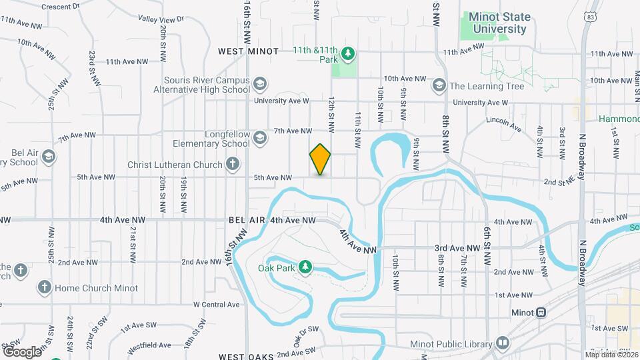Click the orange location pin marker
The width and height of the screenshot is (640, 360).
click(x=320, y=159)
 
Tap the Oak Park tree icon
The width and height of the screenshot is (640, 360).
click(x=305, y=267)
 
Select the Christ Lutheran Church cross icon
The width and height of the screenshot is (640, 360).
click(x=232, y=163)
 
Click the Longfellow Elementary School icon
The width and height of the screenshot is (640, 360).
click(x=260, y=137)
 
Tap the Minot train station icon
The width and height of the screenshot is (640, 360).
click(x=541, y=312)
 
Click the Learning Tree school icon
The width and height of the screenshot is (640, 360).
click(x=439, y=85)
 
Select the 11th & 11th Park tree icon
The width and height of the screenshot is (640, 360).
click(x=347, y=52)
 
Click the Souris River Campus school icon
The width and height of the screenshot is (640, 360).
click(x=260, y=84)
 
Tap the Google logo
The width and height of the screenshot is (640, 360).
click(x=22, y=351)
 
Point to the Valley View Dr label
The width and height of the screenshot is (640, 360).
click(x=161, y=19)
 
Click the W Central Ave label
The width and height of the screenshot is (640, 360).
click(x=216, y=304)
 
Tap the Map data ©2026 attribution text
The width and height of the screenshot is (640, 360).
click(x=611, y=354)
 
